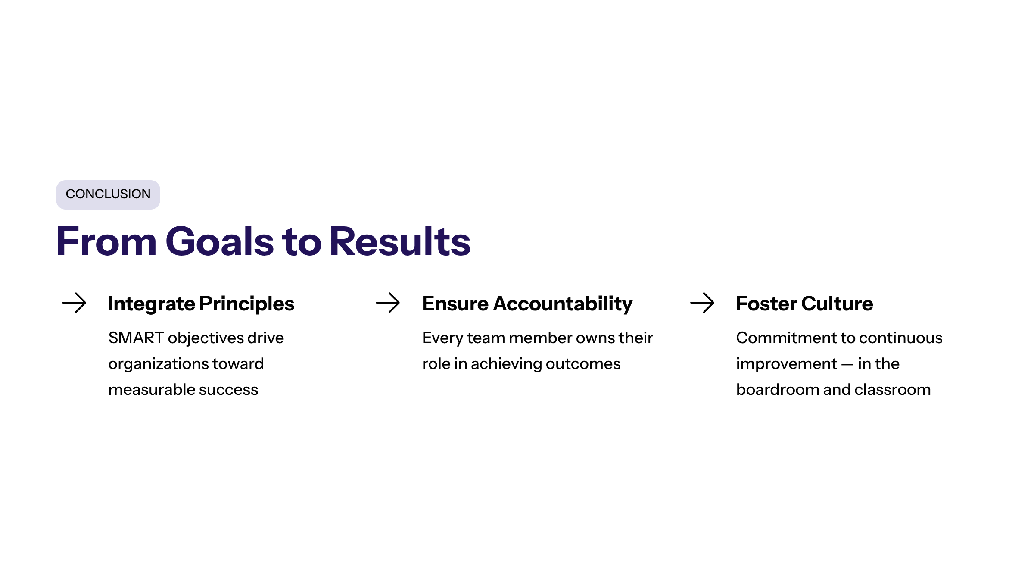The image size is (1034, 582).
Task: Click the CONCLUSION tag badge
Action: [108, 195]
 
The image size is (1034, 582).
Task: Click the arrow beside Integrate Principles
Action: [74, 303]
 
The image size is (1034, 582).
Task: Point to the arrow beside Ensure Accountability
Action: [388, 303]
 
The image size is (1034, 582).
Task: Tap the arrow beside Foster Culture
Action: [702, 303]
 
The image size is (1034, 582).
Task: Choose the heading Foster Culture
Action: [804, 304]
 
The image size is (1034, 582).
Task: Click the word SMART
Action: [136, 338]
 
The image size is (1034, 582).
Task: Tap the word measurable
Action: [147, 390]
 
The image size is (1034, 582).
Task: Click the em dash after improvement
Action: [847, 364]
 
